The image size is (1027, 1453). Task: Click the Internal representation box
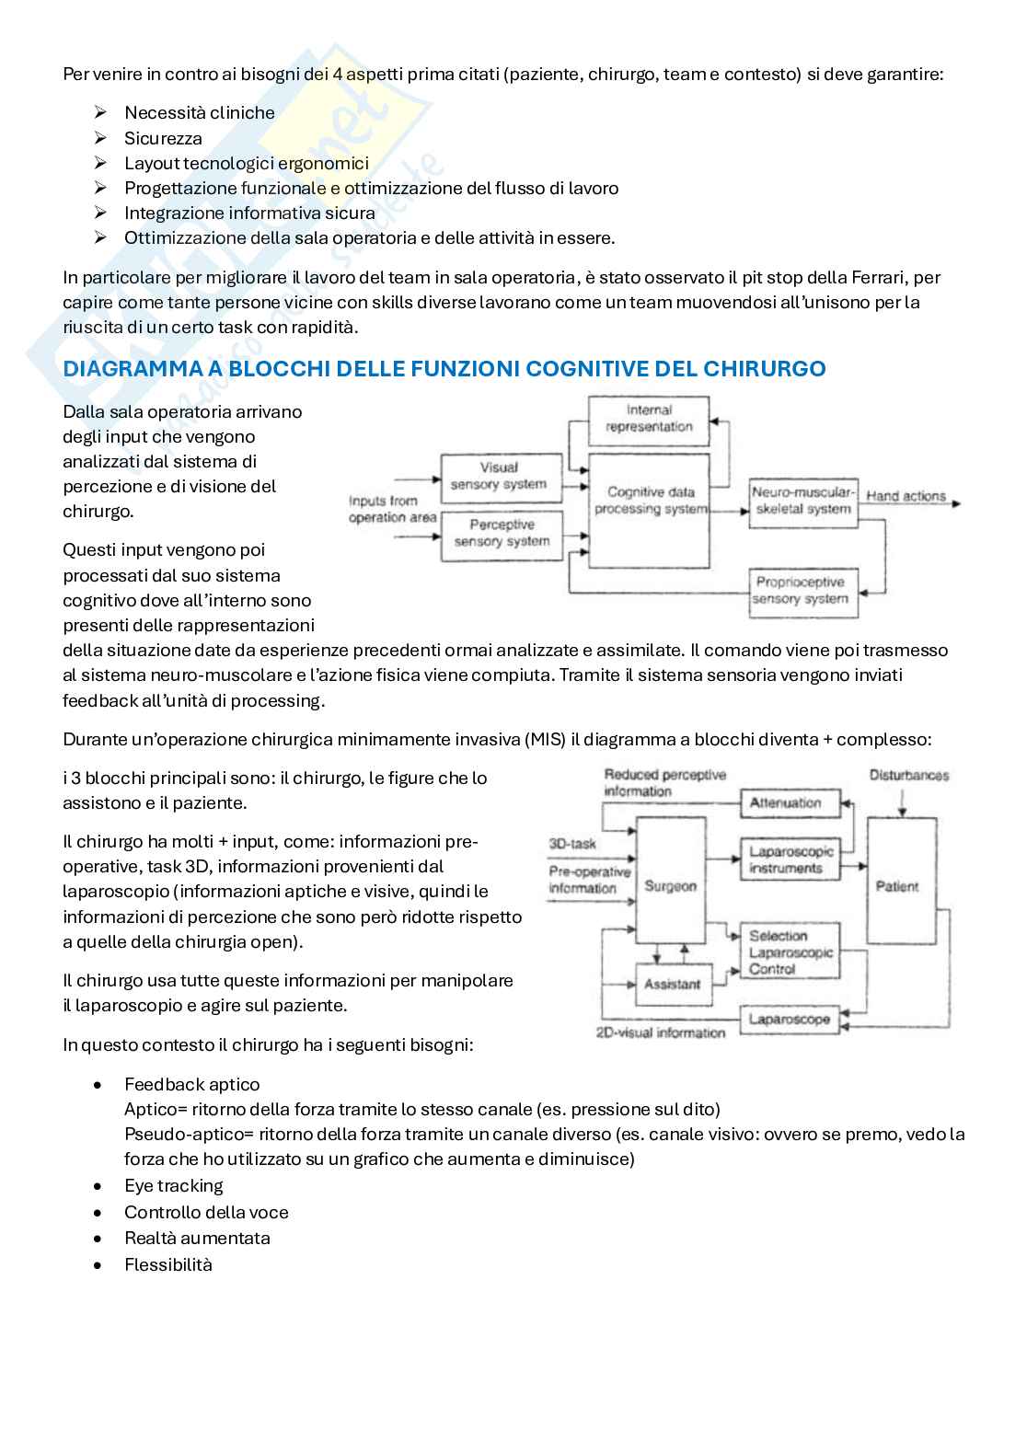[649, 419]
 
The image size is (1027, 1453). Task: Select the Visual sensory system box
[499, 476]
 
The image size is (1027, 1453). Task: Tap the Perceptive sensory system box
[502, 533]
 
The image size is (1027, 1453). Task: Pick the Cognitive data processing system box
[650, 502]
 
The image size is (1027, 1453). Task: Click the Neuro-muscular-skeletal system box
[802, 501]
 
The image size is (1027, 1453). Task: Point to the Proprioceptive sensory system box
[801, 590]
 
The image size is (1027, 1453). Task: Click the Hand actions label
[906, 496]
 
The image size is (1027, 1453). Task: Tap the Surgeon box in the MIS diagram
[670, 886]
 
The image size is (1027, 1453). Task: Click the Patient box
[896, 886]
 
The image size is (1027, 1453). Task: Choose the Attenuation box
[785, 802]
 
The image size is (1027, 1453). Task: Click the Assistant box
[672, 984]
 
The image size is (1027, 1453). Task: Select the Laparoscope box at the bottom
[789, 1019]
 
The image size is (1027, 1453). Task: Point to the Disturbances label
[908, 776]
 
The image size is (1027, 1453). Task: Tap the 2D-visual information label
[661, 1033]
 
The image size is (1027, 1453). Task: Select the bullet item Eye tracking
[174, 1185]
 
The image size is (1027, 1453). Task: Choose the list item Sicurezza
[163, 138]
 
